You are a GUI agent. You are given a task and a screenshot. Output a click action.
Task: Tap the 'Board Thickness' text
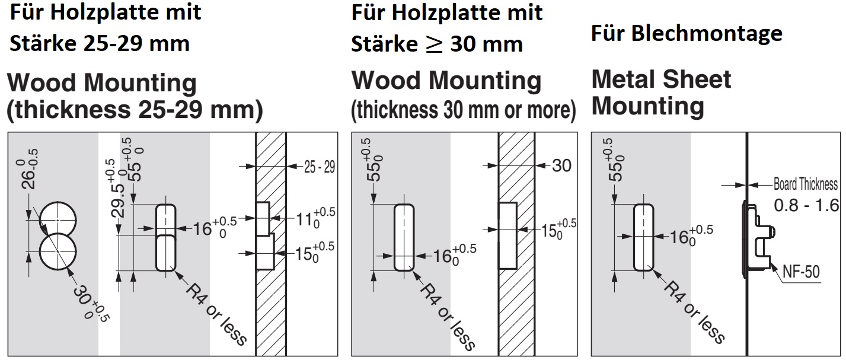coord(806,184)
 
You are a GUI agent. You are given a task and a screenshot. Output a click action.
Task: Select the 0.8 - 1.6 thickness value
coord(806,205)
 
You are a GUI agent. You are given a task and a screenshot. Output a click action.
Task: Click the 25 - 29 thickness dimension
coord(319,167)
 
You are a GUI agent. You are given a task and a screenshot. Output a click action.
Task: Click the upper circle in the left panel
coord(57,219)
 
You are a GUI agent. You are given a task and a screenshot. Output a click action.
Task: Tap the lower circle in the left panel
coord(57,252)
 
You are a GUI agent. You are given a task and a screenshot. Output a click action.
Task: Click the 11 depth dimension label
coord(314,218)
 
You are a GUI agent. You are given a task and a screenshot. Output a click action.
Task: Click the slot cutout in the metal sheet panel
coord(643,237)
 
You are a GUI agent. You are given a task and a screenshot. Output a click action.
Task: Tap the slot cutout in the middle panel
coord(404,237)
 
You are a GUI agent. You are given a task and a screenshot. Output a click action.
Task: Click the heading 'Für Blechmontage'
coord(687,33)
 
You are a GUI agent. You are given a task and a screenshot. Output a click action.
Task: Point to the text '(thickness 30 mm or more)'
coord(463,110)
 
